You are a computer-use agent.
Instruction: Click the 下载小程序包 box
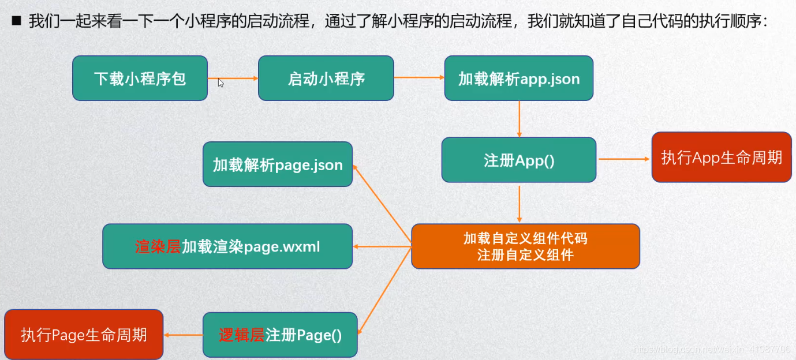tap(140, 78)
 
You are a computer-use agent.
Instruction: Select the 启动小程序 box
tap(326, 78)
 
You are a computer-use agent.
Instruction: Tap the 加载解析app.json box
tap(518, 78)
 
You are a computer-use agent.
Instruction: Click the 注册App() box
tap(518, 160)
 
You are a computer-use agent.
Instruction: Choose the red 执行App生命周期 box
tap(721, 157)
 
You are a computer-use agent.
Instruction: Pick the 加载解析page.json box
tap(277, 164)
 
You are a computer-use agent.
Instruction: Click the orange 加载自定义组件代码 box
tap(525, 246)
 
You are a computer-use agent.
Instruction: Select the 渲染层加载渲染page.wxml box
tap(227, 246)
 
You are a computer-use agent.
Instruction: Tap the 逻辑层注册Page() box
tap(280, 335)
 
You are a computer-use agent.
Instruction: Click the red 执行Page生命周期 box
tap(84, 335)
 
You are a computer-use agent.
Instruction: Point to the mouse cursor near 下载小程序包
tap(221, 82)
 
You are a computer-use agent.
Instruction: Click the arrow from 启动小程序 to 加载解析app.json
tap(419, 78)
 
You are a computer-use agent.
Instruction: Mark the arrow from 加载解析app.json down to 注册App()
tap(520, 119)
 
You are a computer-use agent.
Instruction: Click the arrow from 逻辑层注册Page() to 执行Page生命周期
tap(183, 335)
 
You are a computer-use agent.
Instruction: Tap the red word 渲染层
tap(158, 247)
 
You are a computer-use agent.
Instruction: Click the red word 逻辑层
tap(241, 335)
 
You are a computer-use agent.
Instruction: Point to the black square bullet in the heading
tap(16, 22)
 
